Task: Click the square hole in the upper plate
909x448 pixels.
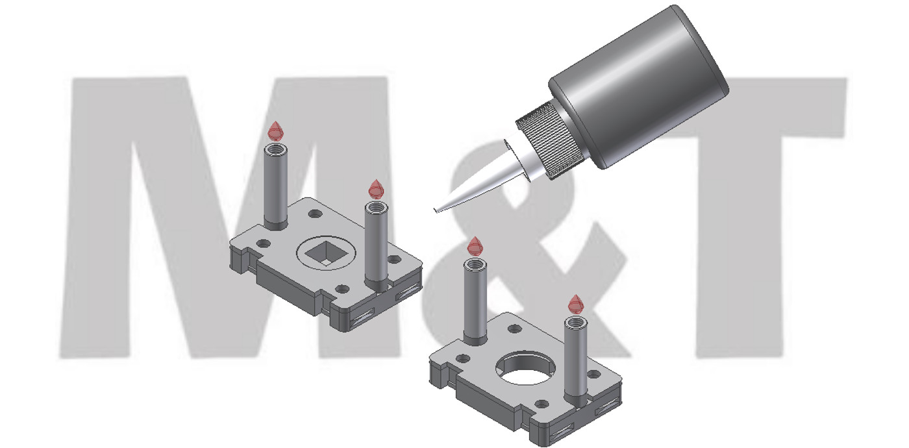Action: pos(326,254)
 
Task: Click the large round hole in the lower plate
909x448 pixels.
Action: pos(525,369)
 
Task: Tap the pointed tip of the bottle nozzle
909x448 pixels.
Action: pos(435,210)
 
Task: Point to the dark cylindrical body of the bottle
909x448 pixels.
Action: pos(638,86)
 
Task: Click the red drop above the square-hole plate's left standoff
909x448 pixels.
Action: pos(276,131)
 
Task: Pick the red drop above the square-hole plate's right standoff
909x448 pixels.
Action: pos(376,189)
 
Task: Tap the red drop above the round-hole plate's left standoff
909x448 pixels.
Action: pos(475,246)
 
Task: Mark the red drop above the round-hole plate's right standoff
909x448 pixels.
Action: pos(575,305)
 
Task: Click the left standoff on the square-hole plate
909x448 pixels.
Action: pos(276,187)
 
